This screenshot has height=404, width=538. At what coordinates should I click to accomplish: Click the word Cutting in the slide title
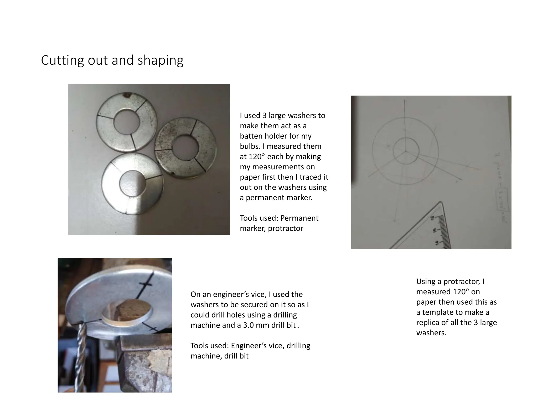(62, 60)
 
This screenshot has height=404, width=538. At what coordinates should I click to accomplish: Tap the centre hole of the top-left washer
(126, 123)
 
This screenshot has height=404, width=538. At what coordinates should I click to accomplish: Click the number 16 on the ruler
(433, 218)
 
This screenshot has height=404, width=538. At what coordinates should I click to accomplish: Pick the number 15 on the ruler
(435, 230)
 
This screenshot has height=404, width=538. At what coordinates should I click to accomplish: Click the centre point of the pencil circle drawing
(405, 151)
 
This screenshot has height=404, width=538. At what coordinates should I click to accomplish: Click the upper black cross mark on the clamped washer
(146, 284)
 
